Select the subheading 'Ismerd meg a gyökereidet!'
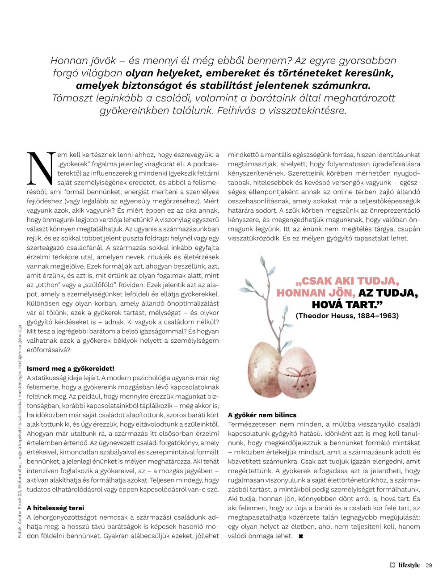pos(71,369)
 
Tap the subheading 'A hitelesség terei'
pos(55,508)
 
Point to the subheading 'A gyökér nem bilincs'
pos(262,415)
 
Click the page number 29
pos(429,565)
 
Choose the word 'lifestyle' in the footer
pos(409,565)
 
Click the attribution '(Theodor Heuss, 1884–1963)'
pos(347,316)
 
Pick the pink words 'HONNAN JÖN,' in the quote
pos(316,293)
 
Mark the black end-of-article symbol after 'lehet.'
pos(301,536)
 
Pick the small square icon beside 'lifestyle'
pos(392,565)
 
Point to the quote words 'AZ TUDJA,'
pos(388,293)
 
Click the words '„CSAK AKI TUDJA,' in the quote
pos(347,282)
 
